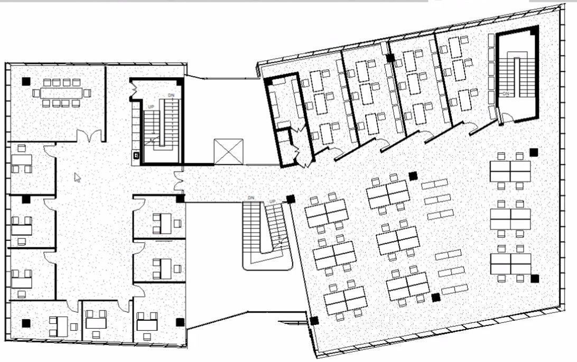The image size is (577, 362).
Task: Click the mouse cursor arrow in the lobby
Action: [78, 178]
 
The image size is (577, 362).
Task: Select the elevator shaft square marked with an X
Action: [228, 152]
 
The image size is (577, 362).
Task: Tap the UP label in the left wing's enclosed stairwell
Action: [151, 107]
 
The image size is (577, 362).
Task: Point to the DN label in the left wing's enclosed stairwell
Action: [171, 95]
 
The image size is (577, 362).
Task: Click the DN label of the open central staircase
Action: [252, 198]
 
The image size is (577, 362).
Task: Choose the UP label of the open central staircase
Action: [273, 201]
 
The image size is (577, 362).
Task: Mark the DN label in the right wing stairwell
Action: [506, 94]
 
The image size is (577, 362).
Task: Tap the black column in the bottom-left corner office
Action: [25, 323]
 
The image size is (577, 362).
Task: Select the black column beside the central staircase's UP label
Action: [290, 199]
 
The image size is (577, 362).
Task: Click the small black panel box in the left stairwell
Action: [136, 155]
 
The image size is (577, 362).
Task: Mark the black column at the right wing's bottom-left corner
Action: [314, 320]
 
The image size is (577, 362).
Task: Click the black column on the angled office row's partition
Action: [390, 57]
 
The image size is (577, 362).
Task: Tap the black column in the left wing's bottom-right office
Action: [180, 322]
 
